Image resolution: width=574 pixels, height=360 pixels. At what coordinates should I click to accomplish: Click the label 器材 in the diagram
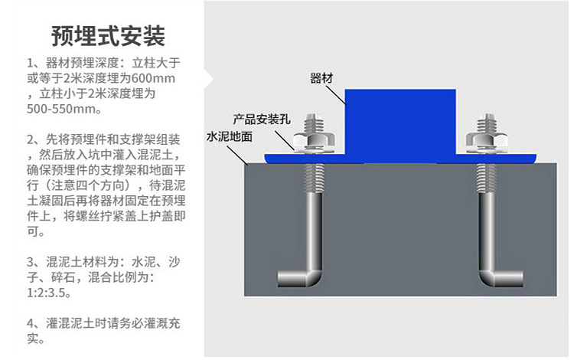point(322,78)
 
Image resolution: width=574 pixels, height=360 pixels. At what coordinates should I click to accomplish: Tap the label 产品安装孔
point(263,120)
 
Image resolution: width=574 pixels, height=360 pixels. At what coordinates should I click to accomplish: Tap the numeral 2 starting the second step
point(30,140)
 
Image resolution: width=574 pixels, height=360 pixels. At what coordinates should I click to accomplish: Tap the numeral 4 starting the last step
point(30,322)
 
